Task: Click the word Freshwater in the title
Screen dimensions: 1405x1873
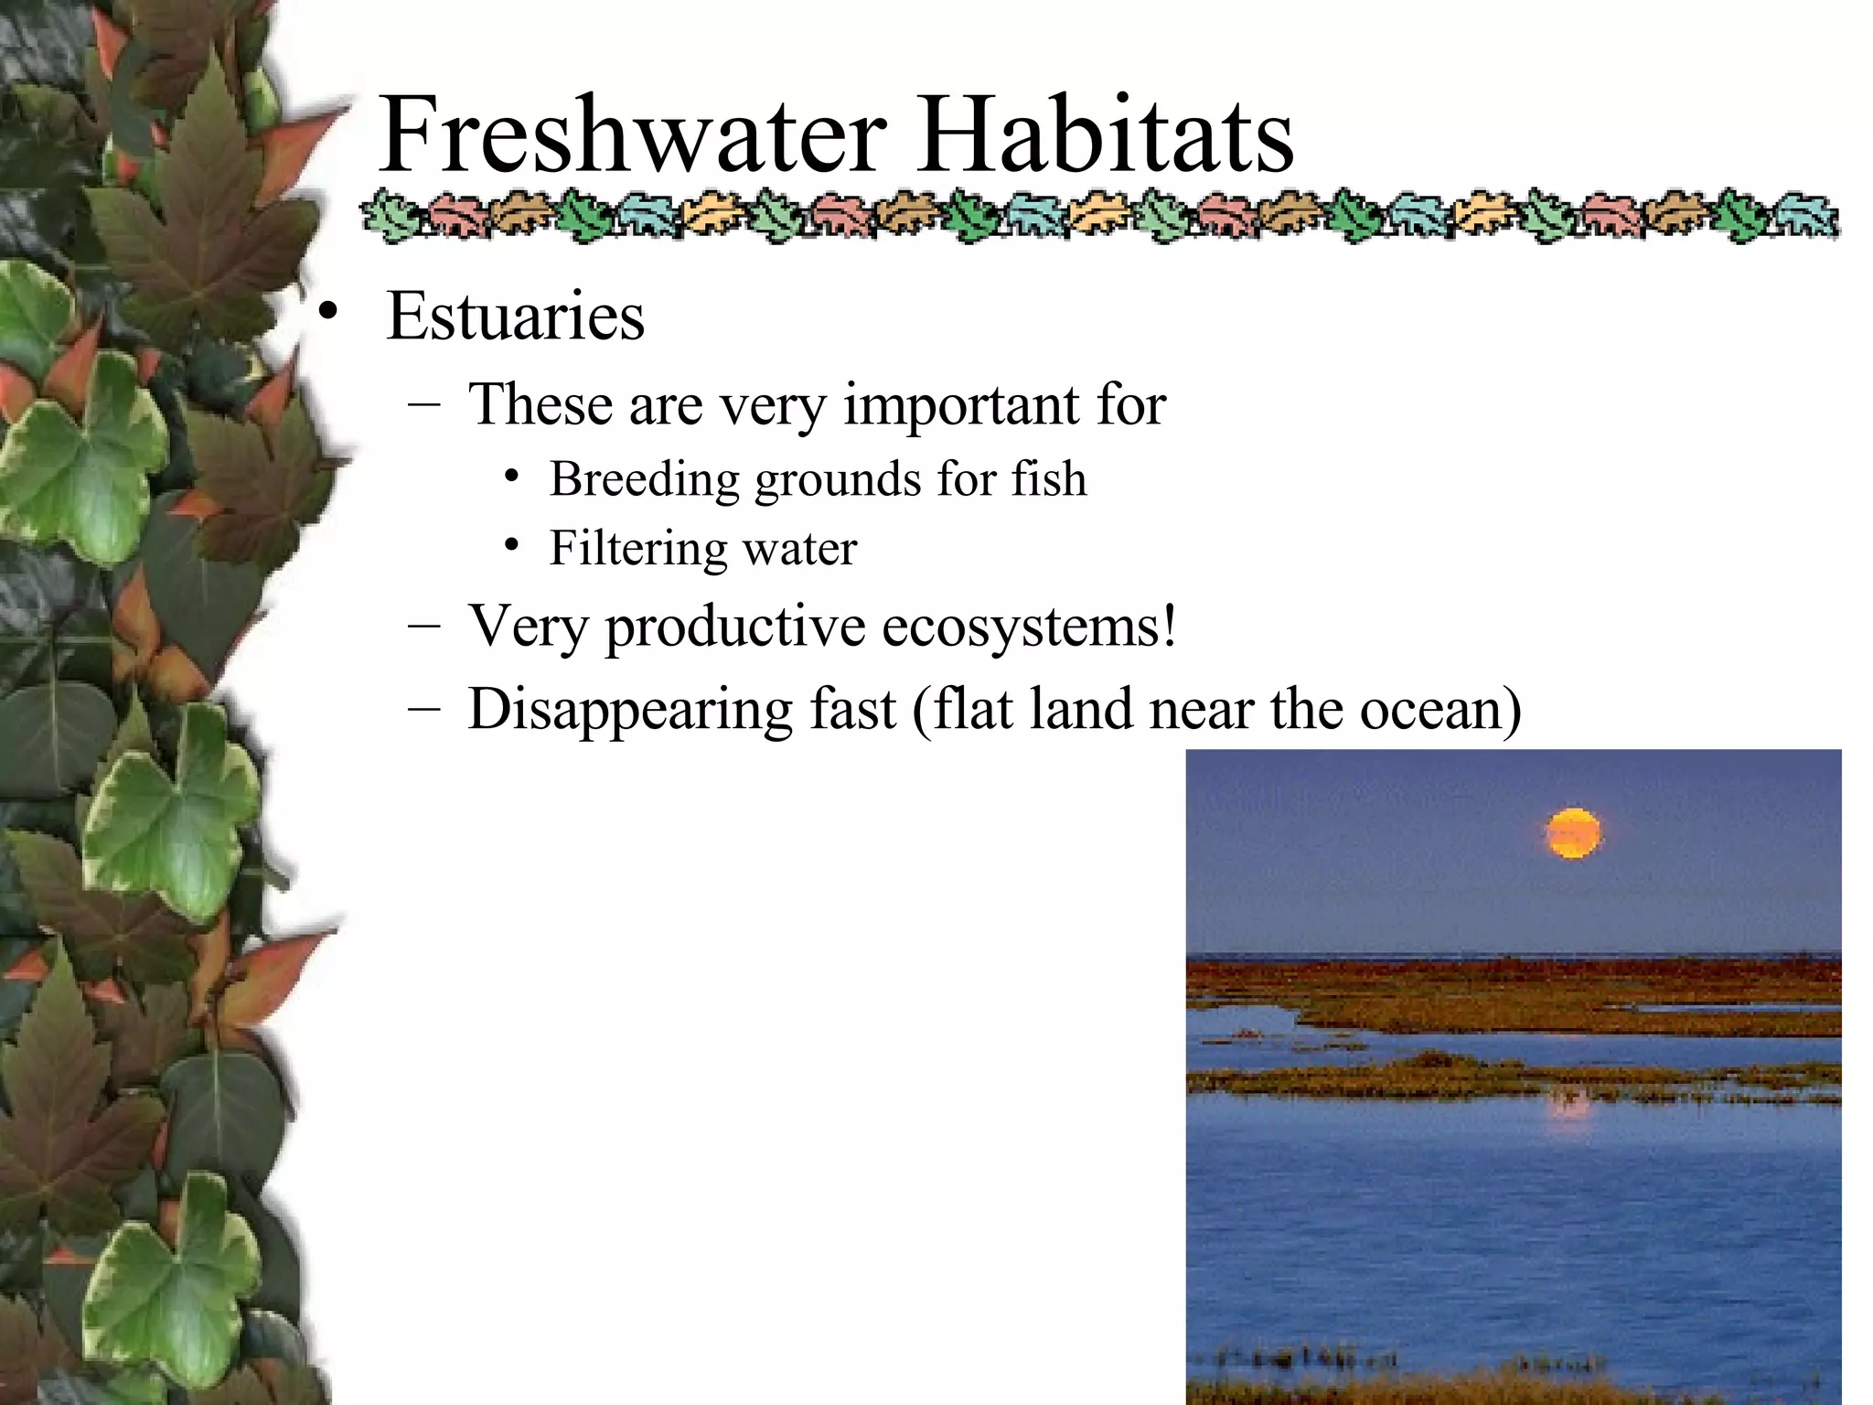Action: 632,134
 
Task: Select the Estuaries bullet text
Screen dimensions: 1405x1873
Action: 515,316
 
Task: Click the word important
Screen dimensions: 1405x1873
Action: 960,404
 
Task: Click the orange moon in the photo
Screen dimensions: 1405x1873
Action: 1573,833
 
